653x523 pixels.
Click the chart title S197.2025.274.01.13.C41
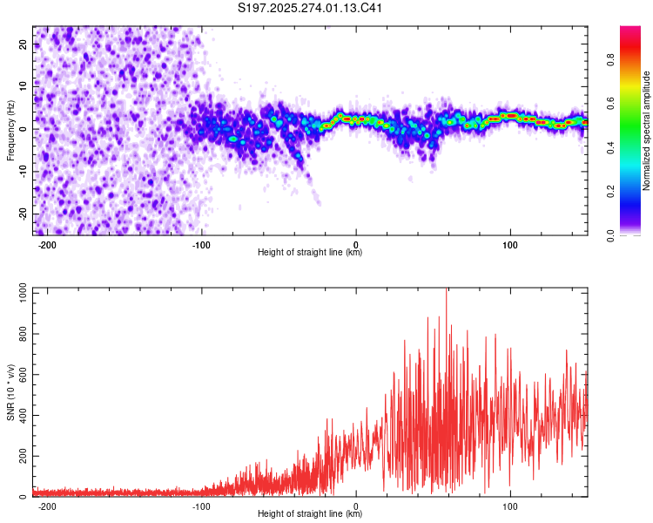(x=311, y=9)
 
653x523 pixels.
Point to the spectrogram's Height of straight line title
(x=310, y=253)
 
